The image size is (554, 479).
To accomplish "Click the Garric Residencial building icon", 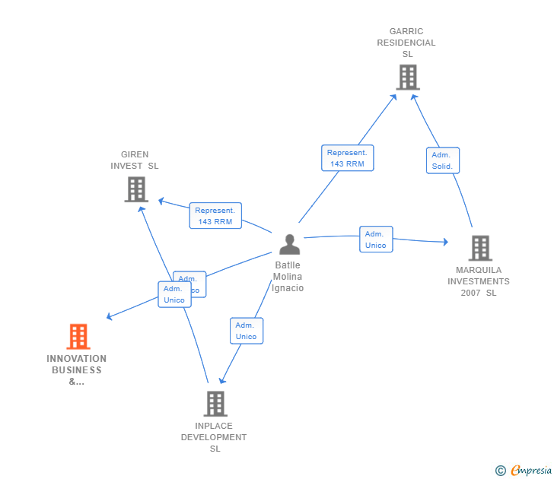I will point(408,77).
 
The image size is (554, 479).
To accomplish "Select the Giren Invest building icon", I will point(136,189).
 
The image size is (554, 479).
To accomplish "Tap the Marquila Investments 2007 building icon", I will point(479,248).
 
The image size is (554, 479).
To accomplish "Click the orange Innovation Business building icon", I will point(78,336).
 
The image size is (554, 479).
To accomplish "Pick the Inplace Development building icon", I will point(215,403).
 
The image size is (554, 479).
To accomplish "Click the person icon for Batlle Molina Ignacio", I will point(289,244).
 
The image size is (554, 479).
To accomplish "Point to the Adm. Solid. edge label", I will point(442,160).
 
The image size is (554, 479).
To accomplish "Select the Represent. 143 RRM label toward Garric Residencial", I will point(347,158).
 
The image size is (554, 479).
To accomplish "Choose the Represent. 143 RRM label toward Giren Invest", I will point(215,216).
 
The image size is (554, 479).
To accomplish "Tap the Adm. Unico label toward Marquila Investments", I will point(376,239).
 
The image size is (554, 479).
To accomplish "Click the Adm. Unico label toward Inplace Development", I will point(246,331).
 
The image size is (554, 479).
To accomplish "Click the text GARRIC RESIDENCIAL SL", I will point(406,43).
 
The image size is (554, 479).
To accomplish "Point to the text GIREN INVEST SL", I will point(135,160).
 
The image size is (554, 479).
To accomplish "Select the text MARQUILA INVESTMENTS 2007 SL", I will point(479,281).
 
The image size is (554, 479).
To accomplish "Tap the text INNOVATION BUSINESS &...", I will point(77,370).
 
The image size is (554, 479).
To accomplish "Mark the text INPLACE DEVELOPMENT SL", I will point(214,437).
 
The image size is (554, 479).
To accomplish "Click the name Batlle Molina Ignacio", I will point(288,277).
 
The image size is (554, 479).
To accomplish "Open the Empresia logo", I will point(531,471).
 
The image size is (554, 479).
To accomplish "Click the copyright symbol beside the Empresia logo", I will point(500,471).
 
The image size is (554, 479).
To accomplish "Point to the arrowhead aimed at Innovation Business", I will point(110,316).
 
